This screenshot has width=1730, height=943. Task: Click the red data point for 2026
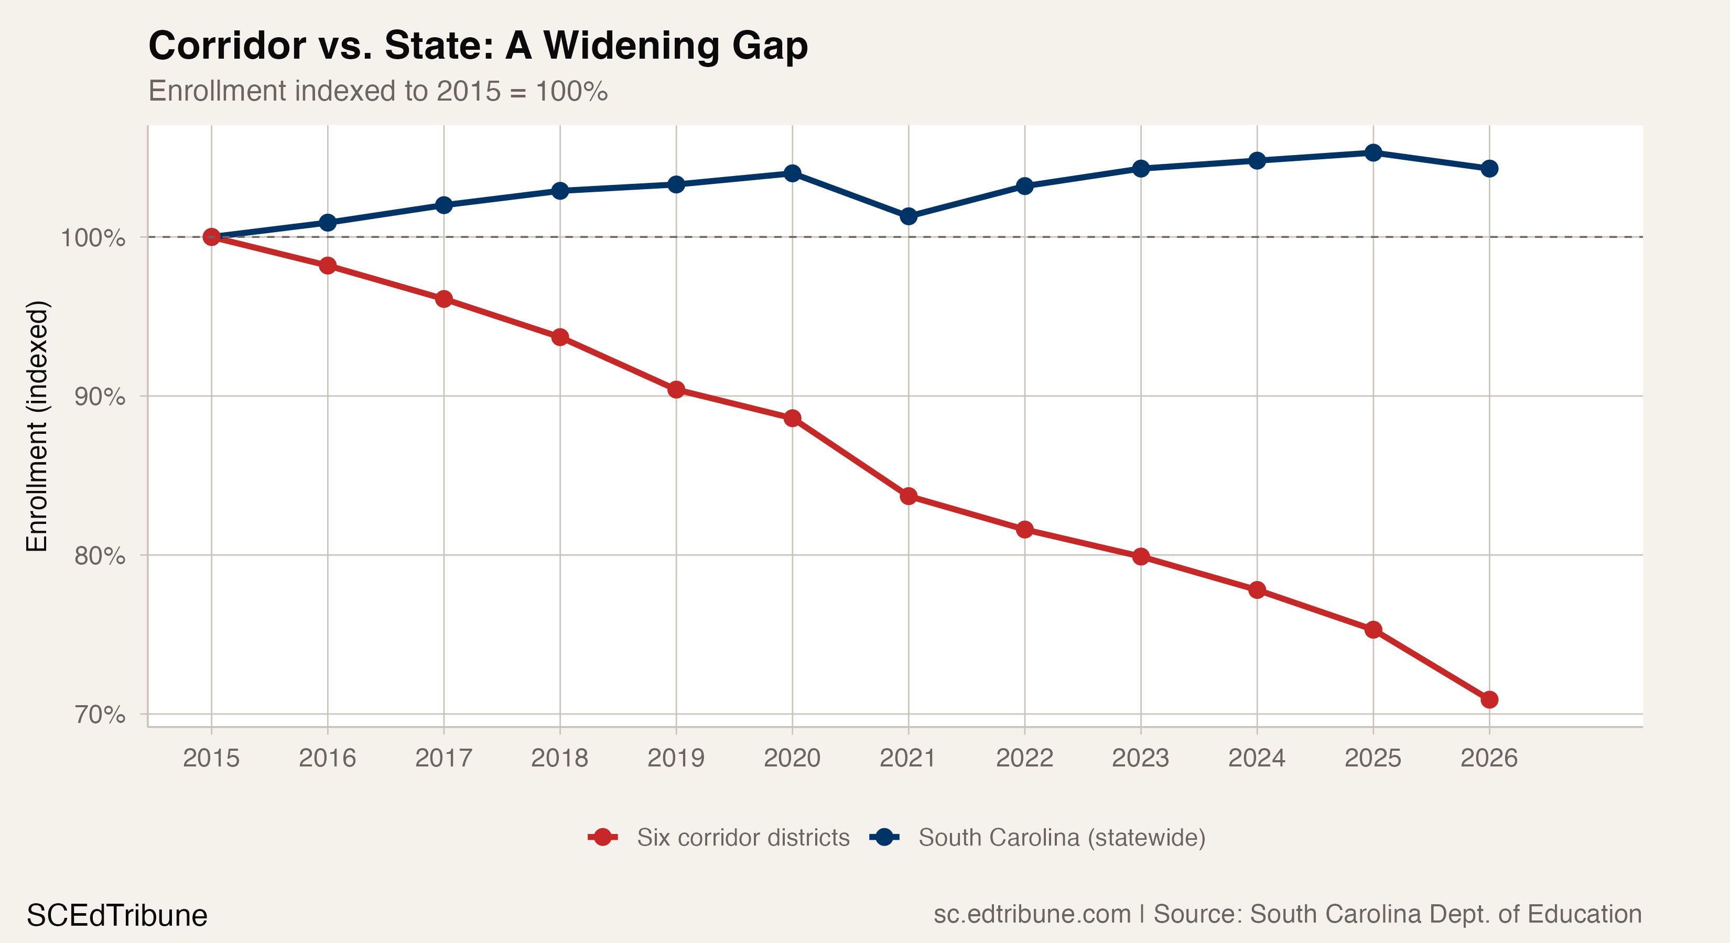pos(1489,699)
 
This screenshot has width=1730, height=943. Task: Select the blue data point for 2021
pos(908,216)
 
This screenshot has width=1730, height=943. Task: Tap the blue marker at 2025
pos(1372,153)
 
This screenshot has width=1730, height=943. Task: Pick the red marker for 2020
pos(793,418)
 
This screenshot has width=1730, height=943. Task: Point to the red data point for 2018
pos(560,337)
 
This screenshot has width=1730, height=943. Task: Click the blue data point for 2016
pos(328,222)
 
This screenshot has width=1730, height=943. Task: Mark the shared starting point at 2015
pos(212,237)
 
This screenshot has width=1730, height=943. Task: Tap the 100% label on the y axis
pos(93,238)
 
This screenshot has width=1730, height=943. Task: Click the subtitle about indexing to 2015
pos(377,91)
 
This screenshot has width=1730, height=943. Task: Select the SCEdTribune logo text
pos(117,915)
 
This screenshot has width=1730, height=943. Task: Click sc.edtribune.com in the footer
pos(1032,914)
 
